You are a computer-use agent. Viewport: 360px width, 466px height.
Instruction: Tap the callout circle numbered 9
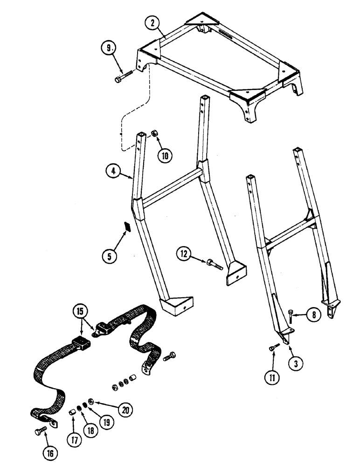pos(108,48)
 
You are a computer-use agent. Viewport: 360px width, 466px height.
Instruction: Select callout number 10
pos(164,156)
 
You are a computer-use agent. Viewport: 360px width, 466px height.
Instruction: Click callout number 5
pos(110,255)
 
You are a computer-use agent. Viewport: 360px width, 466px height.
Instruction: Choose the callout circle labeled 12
pos(184,254)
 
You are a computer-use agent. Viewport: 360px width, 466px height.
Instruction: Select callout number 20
pos(124,410)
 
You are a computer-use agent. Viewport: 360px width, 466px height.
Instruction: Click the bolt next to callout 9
pos(124,76)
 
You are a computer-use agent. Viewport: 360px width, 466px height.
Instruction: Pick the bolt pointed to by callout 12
pos(215,264)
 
